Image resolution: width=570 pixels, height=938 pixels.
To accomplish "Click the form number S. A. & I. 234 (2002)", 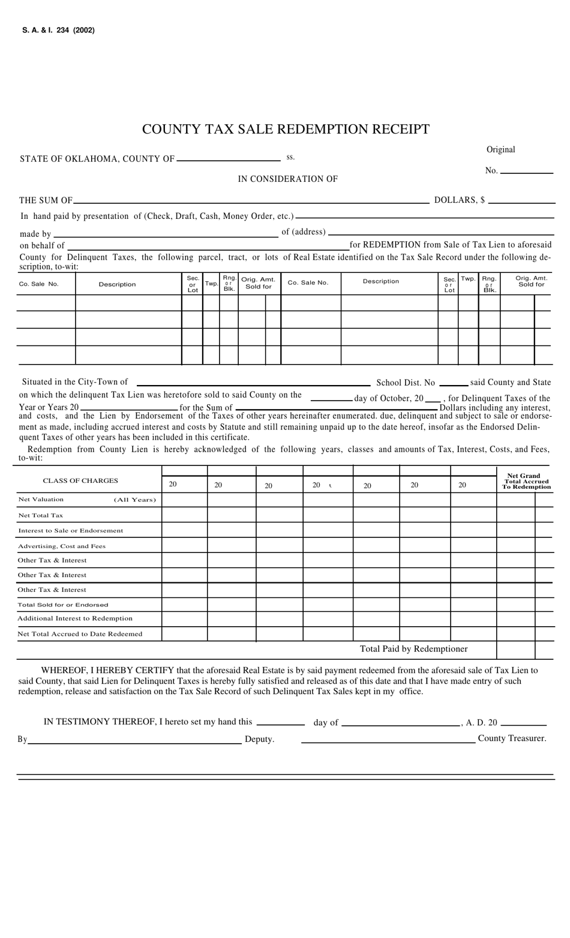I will click(58, 30).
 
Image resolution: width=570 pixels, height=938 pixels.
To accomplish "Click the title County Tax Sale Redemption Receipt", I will click(286, 129).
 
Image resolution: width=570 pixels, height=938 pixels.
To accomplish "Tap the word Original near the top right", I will click(500, 149).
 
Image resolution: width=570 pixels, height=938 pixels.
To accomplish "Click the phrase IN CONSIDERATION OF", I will click(287, 179).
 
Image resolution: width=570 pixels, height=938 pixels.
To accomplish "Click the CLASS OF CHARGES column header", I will click(80, 480).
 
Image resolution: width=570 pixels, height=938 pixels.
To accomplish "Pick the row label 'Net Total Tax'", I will click(40, 515).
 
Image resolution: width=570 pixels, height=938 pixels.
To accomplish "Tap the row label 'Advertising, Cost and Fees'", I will click(62, 546).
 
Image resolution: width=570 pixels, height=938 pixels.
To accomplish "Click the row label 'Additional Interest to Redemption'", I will click(75, 618).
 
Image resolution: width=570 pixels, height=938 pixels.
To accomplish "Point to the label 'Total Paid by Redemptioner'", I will click(413, 649).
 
